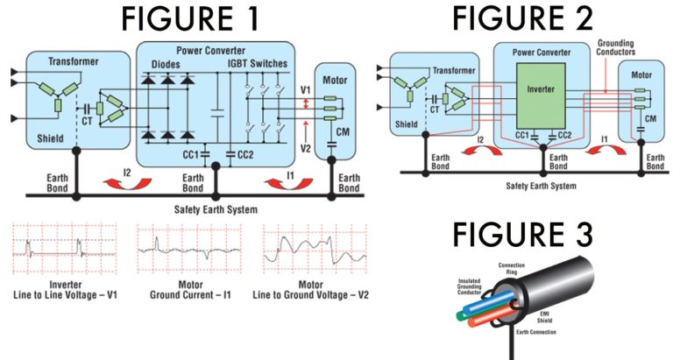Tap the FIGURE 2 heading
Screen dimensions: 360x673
(523, 18)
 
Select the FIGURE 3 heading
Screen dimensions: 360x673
(523, 235)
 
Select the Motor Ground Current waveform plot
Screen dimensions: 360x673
(185, 251)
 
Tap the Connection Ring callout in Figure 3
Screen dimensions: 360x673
(513, 268)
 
